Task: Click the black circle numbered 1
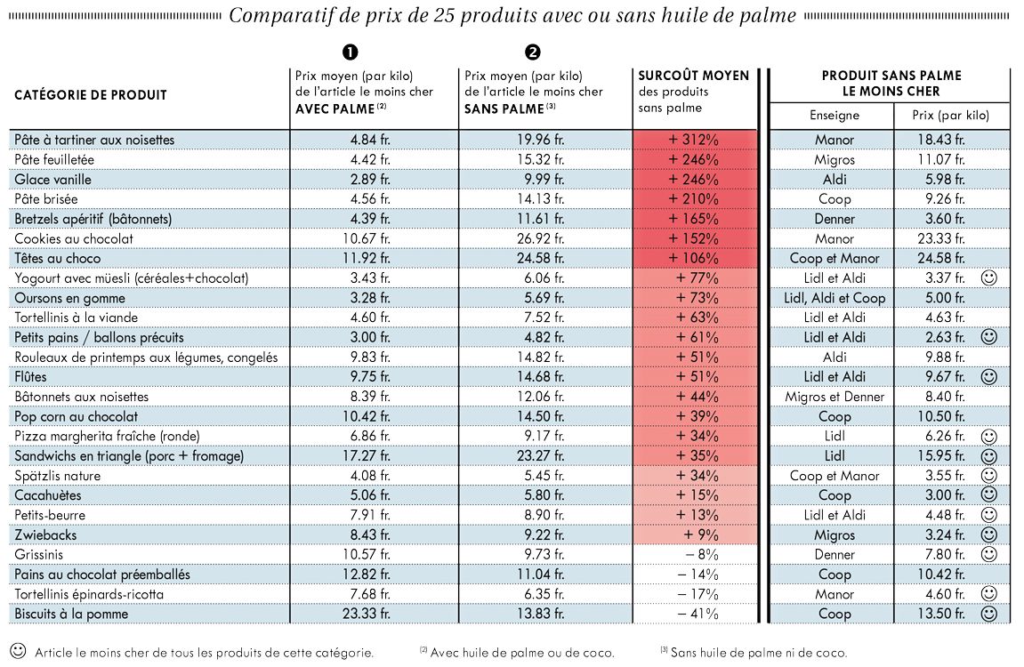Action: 350,52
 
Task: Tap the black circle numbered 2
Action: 533,52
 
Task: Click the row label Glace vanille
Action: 52,180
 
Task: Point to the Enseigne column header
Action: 835,116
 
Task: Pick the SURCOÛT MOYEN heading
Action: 694,76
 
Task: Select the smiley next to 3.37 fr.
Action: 989,278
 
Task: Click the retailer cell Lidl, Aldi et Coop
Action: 835,298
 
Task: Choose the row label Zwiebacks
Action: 45,535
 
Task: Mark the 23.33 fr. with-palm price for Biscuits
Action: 367,615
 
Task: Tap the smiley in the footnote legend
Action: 19,651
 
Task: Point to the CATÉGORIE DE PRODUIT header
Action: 91,95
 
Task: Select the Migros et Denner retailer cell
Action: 835,397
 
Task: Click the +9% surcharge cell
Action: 701,535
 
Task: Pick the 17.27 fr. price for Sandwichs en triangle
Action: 367,456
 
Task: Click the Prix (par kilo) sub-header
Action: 951,116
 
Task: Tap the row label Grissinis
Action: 39,555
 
